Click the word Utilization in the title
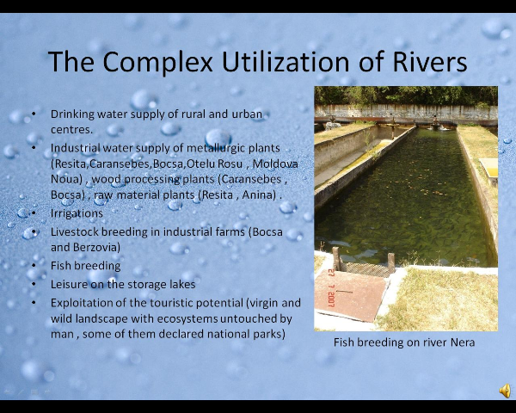[x=286, y=61]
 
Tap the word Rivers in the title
[x=430, y=61]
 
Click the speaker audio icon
[x=505, y=391]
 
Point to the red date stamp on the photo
[x=331, y=288]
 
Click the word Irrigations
[x=77, y=213]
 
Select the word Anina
[x=259, y=195]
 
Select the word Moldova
[x=275, y=163]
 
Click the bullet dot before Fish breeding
[x=34, y=265]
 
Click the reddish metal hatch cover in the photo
[x=350, y=294]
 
